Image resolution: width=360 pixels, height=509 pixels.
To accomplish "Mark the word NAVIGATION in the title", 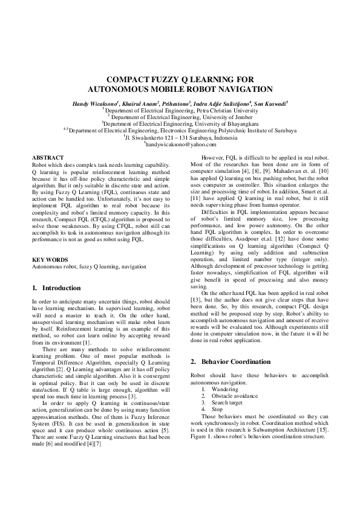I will tap(239, 88).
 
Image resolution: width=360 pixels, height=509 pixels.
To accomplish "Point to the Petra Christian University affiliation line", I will tap(180, 111).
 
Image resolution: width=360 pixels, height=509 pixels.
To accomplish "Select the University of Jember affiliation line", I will tap(180, 117).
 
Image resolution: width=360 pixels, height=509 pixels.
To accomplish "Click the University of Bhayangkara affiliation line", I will tap(180, 124).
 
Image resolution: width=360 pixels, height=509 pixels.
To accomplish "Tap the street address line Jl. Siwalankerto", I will tap(180, 138).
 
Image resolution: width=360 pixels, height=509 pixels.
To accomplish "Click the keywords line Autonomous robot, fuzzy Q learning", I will tap(89, 266).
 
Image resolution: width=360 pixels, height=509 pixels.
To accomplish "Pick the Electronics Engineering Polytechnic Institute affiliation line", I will tap(180, 131).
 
